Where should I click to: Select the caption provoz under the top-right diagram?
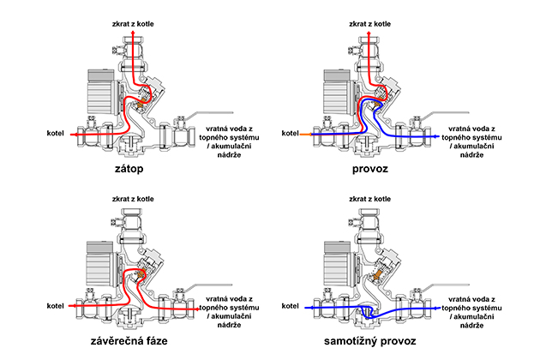pyautogui.click(x=369, y=170)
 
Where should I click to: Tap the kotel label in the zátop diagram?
pyautogui.click(x=52, y=134)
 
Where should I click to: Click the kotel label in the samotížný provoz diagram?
pyautogui.click(x=292, y=303)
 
